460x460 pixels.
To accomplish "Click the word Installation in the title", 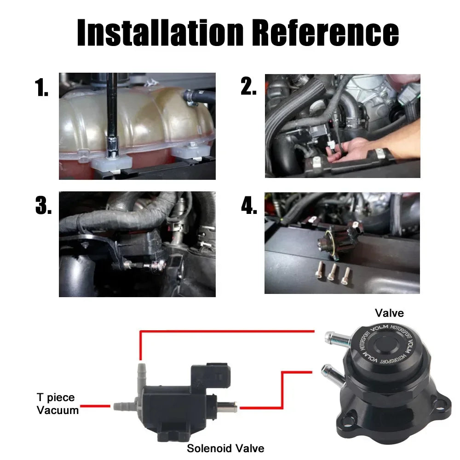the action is click(x=160, y=32).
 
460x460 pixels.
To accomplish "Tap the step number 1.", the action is click(x=41, y=87).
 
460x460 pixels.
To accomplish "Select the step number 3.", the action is click(x=43, y=205).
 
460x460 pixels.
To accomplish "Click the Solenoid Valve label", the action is click(x=225, y=448).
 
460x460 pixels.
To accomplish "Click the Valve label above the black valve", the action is click(x=389, y=313).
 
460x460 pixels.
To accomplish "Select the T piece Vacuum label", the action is click(x=57, y=404).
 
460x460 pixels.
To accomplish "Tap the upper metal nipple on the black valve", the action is click(x=337, y=339).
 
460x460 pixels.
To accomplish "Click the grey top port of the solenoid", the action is click(x=141, y=374).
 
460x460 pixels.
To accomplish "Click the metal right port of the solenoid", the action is click(x=227, y=407).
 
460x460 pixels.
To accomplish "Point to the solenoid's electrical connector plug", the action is click(x=210, y=376).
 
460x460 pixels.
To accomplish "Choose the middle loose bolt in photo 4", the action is click(x=332, y=272).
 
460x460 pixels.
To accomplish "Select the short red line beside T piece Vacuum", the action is click(x=95, y=406).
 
